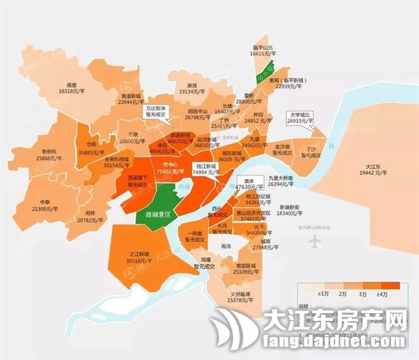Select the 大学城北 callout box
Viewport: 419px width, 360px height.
pyautogui.click(x=301, y=117)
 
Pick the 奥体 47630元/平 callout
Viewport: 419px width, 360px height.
pyautogui.click(x=242, y=184)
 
